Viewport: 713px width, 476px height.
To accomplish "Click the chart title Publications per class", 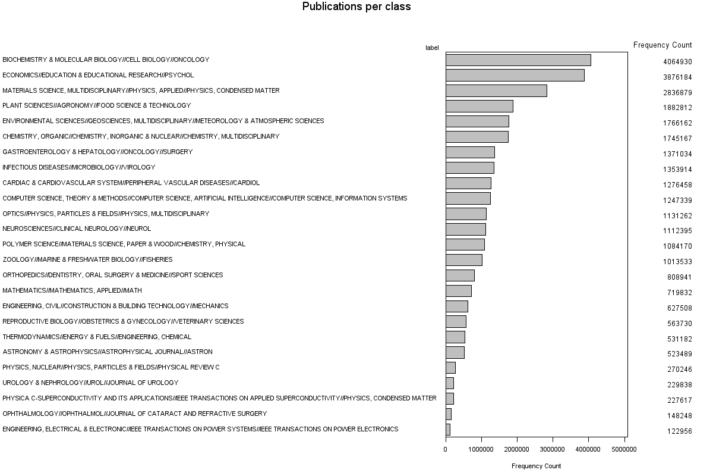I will click(x=356, y=7).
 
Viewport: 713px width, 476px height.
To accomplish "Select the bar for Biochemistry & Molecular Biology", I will click(x=518, y=60).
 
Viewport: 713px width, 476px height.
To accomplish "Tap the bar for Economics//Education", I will click(x=515, y=76).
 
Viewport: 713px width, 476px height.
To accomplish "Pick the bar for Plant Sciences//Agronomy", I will click(x=479, y=106).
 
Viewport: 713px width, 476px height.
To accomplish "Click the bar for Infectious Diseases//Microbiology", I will click(x=470, y=168).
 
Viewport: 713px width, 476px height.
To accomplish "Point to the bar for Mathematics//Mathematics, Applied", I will click(x=459, y=291).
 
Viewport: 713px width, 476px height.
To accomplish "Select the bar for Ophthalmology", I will click(x=449, y=414).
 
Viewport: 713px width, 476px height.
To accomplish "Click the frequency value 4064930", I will click(x=677, y=62).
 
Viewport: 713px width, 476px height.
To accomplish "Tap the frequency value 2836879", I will click(x=677, y=93).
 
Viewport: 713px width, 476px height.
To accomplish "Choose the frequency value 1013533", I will click(x=677, y=262).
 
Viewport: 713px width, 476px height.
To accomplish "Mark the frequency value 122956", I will click(x=679, y=431).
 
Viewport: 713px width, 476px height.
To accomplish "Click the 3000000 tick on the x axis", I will click(x=553, y=449).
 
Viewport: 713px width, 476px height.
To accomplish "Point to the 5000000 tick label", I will click(x=624, y=449).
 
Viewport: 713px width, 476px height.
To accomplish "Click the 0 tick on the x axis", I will click(x=446, y=449).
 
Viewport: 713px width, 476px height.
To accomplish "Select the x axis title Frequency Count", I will click(x=536, y=466).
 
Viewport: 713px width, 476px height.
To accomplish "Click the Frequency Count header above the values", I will click(x=662, y=45).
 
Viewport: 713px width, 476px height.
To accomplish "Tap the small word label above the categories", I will click(x=432, y=48).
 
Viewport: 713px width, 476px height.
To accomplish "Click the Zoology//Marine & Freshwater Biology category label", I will click(x=87, y=259).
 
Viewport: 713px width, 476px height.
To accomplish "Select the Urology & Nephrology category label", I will click(x=90, y=383).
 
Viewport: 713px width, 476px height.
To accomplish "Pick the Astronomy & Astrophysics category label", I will click(x=108, y=352).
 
